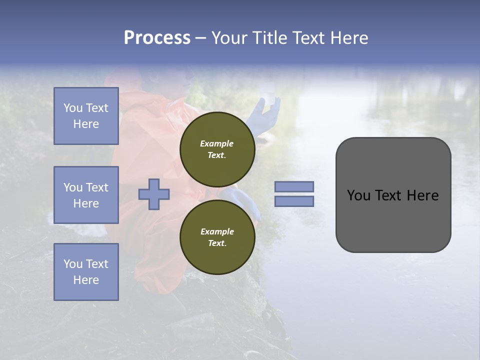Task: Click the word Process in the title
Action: coord(157,38)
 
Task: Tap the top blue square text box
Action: coord(86,116)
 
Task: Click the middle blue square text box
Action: coord(86,195)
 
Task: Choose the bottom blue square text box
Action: coord(86,272)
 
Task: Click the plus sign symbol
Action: coord(154,194)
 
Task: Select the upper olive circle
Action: coord(217,149)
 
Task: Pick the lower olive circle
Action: coord(217,237)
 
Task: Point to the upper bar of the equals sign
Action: coord(294,186)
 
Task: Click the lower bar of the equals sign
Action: coord(294,201)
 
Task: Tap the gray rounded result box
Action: coord(393,195)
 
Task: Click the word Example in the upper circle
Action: coord(217,143)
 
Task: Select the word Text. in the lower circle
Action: coord(217,243)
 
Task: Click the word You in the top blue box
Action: coord(73,108)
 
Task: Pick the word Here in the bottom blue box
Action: coord(86,280)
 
